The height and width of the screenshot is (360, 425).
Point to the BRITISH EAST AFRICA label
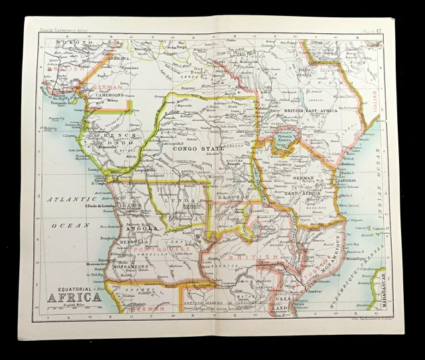coord(311,110)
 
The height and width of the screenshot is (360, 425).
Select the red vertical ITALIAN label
coord(373,100)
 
